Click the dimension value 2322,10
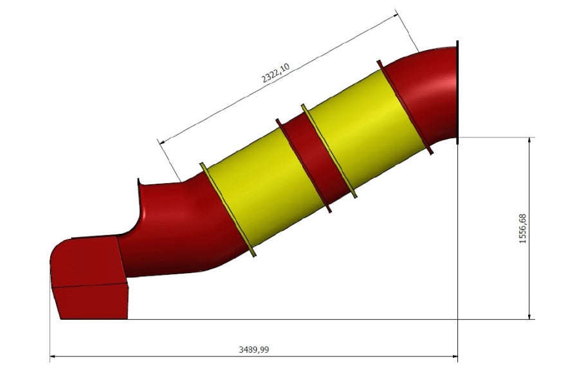pos(276,73)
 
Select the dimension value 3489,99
pos(253,349)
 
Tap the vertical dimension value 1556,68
pos(522,228)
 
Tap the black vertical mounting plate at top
pos(458,93)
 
